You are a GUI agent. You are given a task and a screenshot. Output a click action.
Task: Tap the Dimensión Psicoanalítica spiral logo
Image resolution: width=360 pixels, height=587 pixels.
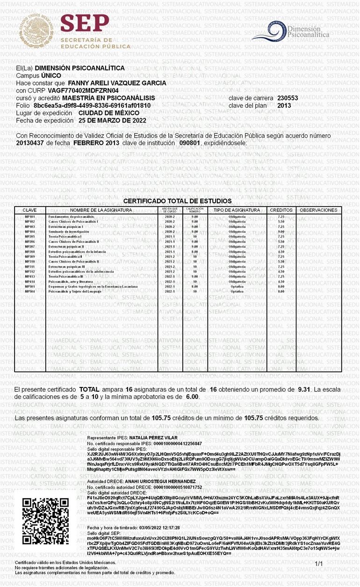(x=268, y=32)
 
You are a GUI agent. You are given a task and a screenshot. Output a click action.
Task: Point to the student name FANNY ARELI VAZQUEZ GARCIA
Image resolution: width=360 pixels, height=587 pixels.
(x=117, y=83)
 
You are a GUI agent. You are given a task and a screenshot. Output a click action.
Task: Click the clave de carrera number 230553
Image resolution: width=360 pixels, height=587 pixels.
(x=288, y=98)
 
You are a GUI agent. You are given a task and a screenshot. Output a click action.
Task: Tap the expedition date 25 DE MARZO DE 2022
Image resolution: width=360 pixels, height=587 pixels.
(x=112, y=121)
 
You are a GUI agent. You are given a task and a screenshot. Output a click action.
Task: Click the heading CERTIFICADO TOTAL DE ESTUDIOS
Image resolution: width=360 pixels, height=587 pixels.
(x=177, y=201)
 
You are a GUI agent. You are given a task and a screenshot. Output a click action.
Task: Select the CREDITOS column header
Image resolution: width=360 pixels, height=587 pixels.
(x=281, y=210)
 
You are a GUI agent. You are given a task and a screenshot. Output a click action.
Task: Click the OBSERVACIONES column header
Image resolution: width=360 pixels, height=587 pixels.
(x=318, y=210)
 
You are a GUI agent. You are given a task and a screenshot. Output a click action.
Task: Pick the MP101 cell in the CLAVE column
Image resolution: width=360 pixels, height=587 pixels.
(x=29, y=217)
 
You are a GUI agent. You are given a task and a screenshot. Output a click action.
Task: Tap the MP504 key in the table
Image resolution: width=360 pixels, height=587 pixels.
(x=29, y=291)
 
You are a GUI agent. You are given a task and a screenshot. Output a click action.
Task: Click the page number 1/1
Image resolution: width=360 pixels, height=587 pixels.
(x=319, y=564)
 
